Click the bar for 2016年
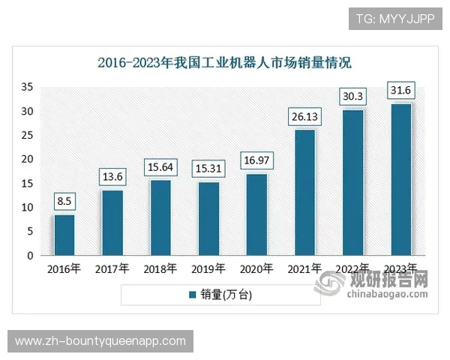click(x=64, y=235)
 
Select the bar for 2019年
click(x=209, y=218)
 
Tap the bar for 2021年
click(x=304, y=193)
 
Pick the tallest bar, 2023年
click(x=401, y=179)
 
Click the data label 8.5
click(x=64, y=201)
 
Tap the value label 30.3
click(x=352, y=97)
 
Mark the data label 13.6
click(x=112, y=177)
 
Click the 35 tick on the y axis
click(x=27, y=87)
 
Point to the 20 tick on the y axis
click(x=27, y=159)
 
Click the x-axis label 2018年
click(x=160, y=268)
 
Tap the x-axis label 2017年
click(x=112, y=268)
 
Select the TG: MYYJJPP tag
click(x=394, y=18)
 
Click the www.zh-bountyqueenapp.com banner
click(x=100, y=341)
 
